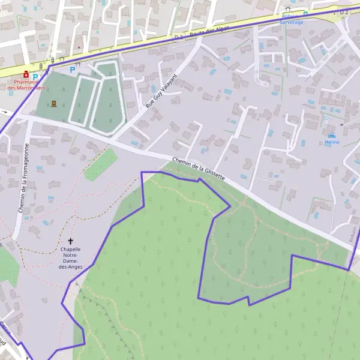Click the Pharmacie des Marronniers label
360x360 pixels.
tap(27, 85)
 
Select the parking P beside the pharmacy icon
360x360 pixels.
tap(35, 76)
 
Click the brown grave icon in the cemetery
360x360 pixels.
tap(55, 103)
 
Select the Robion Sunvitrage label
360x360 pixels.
tap(292, 19)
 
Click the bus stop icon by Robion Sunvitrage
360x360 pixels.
tap(305, 13)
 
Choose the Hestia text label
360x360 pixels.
tap(332, 142)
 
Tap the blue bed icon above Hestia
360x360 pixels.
tap(332, 136)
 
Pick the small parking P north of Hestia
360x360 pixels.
tap(326, 118)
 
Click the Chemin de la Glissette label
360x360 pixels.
tap(199, 170)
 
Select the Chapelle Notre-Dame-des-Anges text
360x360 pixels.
tap(70, 258)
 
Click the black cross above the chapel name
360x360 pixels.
tap(70, 241)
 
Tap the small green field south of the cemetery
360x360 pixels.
tap(101, 164)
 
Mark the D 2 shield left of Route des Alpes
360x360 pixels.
tap(178, 37)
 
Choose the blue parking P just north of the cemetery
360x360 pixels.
tap(73, 70)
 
